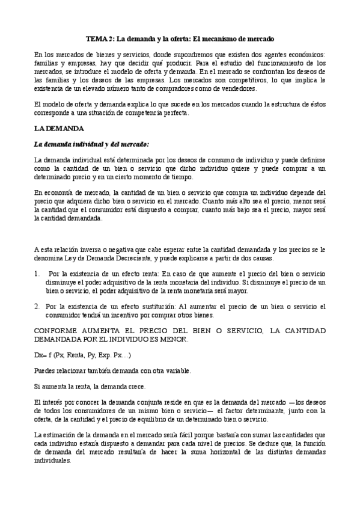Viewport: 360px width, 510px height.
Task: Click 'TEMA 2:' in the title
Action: coord(99,38)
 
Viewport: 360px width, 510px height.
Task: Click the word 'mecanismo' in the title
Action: coord(222,38)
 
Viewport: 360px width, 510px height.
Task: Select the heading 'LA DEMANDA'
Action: coord(59,129)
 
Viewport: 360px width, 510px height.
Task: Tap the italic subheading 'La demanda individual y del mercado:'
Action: coord(91,144)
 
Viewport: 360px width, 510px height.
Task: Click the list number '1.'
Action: coord(37,274)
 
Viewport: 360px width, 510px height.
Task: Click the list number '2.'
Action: coord(37,307)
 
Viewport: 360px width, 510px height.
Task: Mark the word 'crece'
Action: coord(136,386)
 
